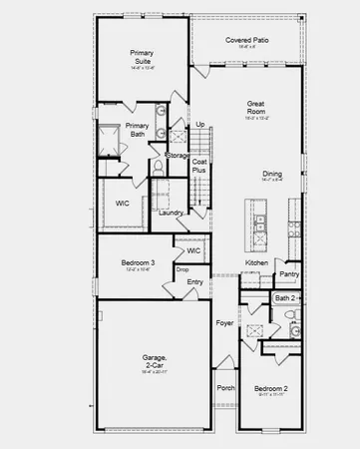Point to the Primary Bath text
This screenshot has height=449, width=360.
click(138, 131)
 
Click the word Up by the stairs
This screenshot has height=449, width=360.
click(200, 124)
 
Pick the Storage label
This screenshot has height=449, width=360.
click(178, 156)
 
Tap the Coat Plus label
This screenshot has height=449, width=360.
click(199, 166)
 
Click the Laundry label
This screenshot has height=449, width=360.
click(170, 212)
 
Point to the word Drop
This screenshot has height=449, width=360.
click(182, 270)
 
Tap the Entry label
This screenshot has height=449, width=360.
click(194, 282)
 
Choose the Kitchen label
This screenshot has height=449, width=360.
click(256, 262)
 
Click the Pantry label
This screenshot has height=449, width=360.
click(289, 272)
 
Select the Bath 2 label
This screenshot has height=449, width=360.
click(287, 297)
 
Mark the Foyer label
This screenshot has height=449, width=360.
click(225, 323)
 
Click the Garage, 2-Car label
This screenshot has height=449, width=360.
click(154, 361)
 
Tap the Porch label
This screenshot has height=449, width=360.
click(224, 388)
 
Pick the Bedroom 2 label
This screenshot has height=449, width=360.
click(270, 388)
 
